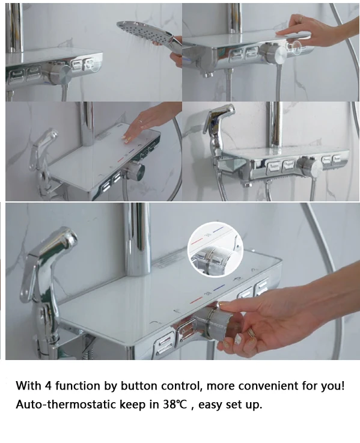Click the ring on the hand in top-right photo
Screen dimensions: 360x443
coord(301,19)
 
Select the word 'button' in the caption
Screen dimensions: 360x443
coord(138,386)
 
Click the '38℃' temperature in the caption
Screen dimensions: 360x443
coord(175,405)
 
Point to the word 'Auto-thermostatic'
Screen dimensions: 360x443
coord(66,405)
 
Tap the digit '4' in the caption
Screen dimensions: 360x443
coord(48,386)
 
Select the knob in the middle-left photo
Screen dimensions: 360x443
coord(135,171)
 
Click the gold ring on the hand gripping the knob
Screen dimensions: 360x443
coord(251,333)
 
